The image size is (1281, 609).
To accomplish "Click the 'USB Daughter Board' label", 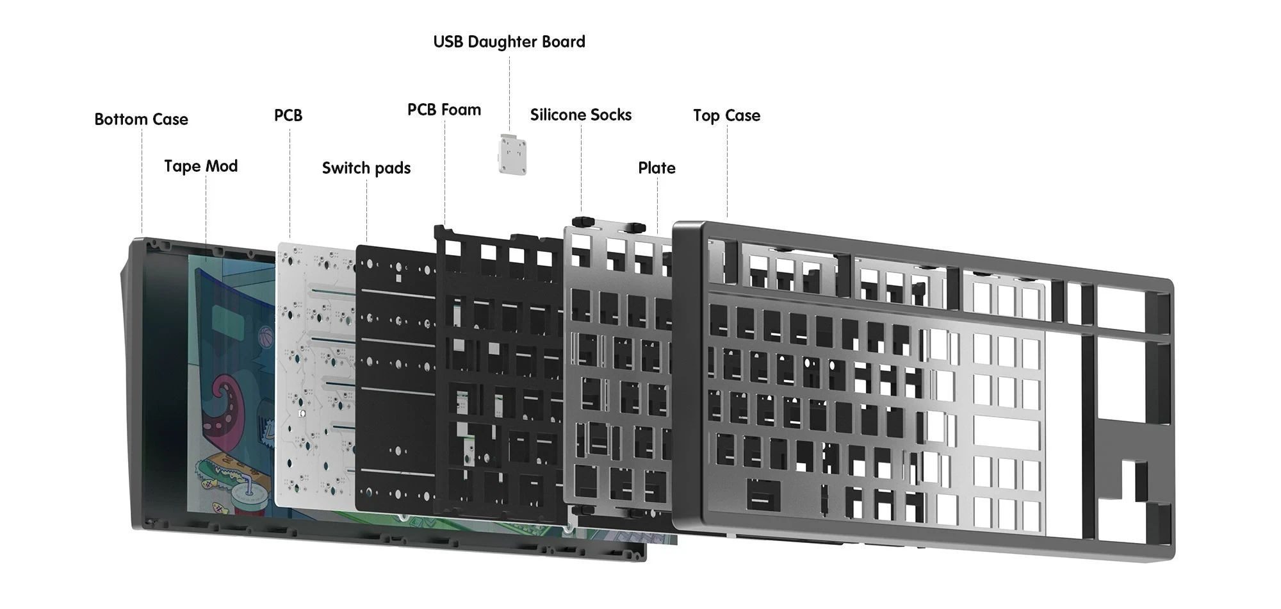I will click(509, 42).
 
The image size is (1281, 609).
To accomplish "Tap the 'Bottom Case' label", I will click(141, 119).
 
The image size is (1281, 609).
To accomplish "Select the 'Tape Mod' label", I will click(200, 166).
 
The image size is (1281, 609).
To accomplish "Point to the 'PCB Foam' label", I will click(444, 110).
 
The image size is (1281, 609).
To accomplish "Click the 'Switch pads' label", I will click(366, 168).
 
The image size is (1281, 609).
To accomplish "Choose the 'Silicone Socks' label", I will click(581, 115).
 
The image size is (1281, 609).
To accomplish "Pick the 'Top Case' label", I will click(726, 115).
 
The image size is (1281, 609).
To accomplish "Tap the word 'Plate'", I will click(657, 168).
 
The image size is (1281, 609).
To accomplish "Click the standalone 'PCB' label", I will click(288, 115).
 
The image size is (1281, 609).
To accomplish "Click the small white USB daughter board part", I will click(512, 154).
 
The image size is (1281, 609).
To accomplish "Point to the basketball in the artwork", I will click(266, 334).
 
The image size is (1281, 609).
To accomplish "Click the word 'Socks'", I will click(614, 115).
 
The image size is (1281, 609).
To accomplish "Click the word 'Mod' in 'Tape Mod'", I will click(222, 166).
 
